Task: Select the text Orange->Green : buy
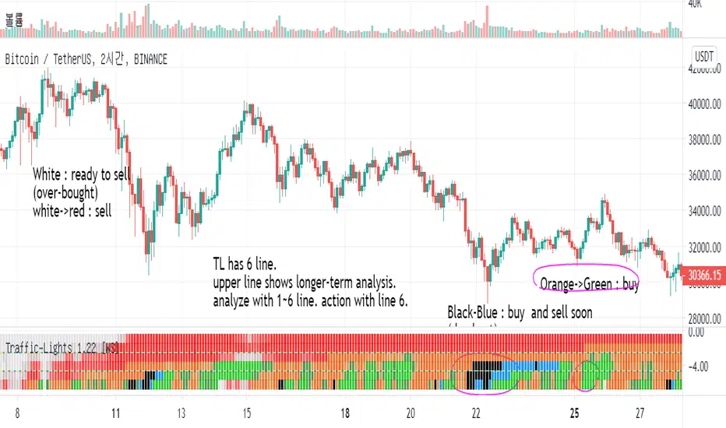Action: tap(590, 286)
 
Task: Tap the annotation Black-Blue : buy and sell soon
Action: tap(520, 313)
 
